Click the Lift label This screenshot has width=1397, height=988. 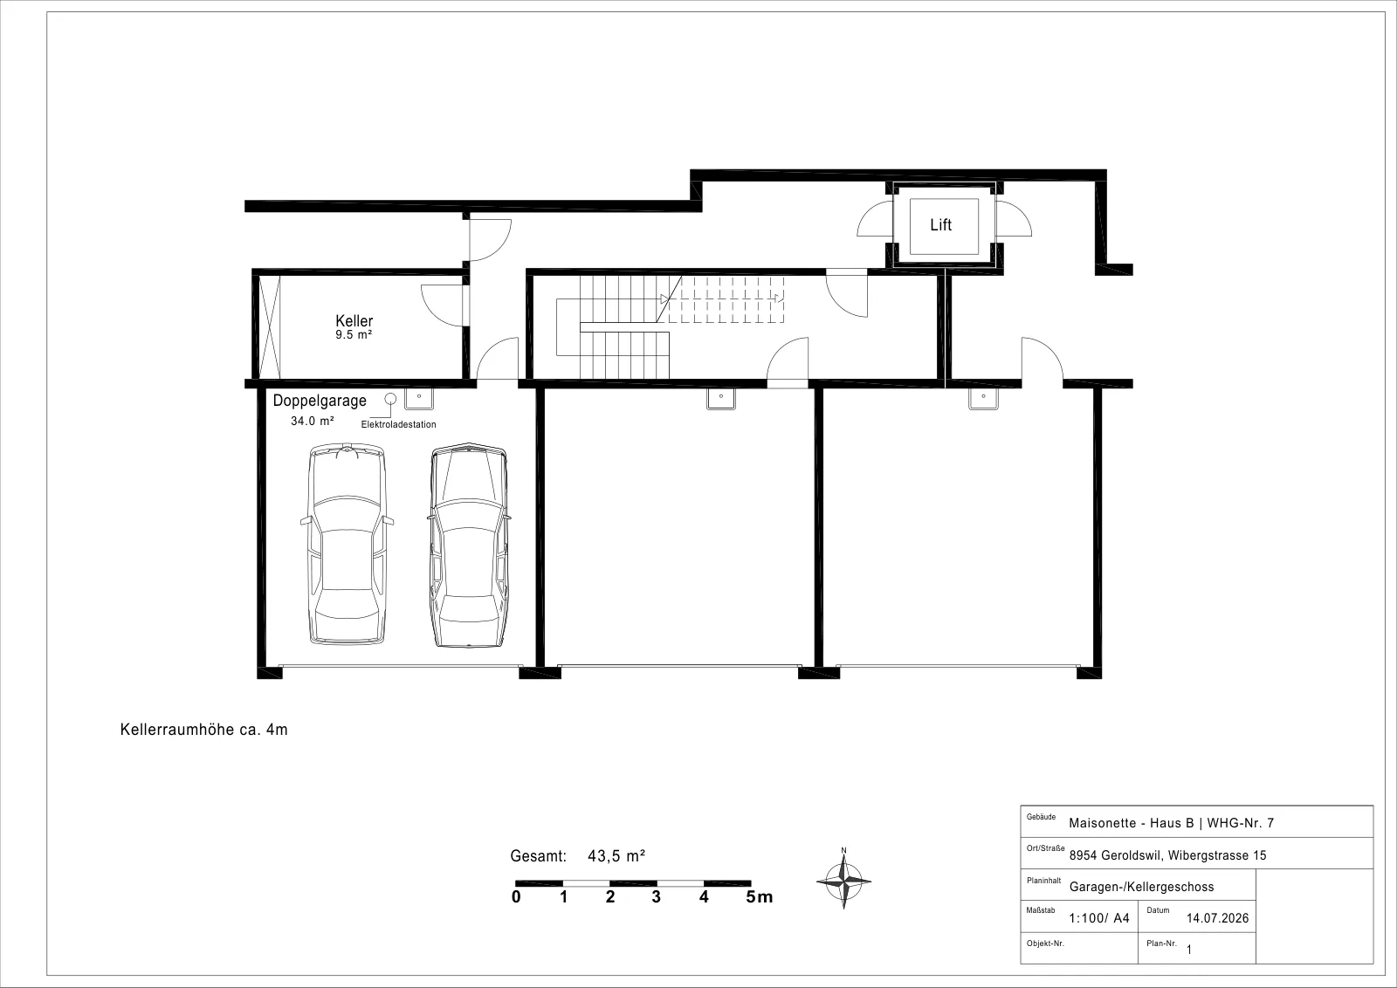pyautogui.click(x=940, y=224)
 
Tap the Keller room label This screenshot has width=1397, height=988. pyautogui.click(x=354, y=321)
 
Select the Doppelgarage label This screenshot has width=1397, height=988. pyautogui.click(x=320, y=401)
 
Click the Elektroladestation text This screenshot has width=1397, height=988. pyautogui.click(x=398, y=424)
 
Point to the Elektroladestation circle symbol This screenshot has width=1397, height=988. pyautogui.click(x=390, y=398)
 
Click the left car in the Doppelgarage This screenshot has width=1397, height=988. pyautogui.click(x=347, y=544)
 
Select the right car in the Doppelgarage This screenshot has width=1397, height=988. pyautogui.click(x=469, y=545)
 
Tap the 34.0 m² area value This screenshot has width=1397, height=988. pyautogui.click(x=312, y=422)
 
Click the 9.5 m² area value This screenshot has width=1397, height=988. pyautogui.click(x=354, y=335)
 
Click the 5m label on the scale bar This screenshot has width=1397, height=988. pyautogui.click(x=759, y=897)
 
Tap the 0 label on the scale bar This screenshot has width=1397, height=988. pyautogui.click(x=516, y=897)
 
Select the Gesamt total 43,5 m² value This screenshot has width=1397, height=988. pyautogui.click(x=616, y=856)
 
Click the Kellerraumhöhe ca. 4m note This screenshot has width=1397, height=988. pyautogui.click(x=204, y=730)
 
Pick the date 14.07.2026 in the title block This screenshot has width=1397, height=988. pyautogui.click(x=1217, y=918)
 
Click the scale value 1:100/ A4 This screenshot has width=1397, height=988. pyautogui.click(x=1099, y=918)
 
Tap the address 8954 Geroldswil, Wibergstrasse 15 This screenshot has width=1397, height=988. pyautogui.click(x=1167, y=856)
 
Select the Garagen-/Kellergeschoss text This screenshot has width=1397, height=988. pyautogui.click(x=1141, y=887)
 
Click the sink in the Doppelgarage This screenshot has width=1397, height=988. pyautogui.click(x=419, y=398)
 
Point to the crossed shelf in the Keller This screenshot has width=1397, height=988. pyautogui.click(x=270, y=327)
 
